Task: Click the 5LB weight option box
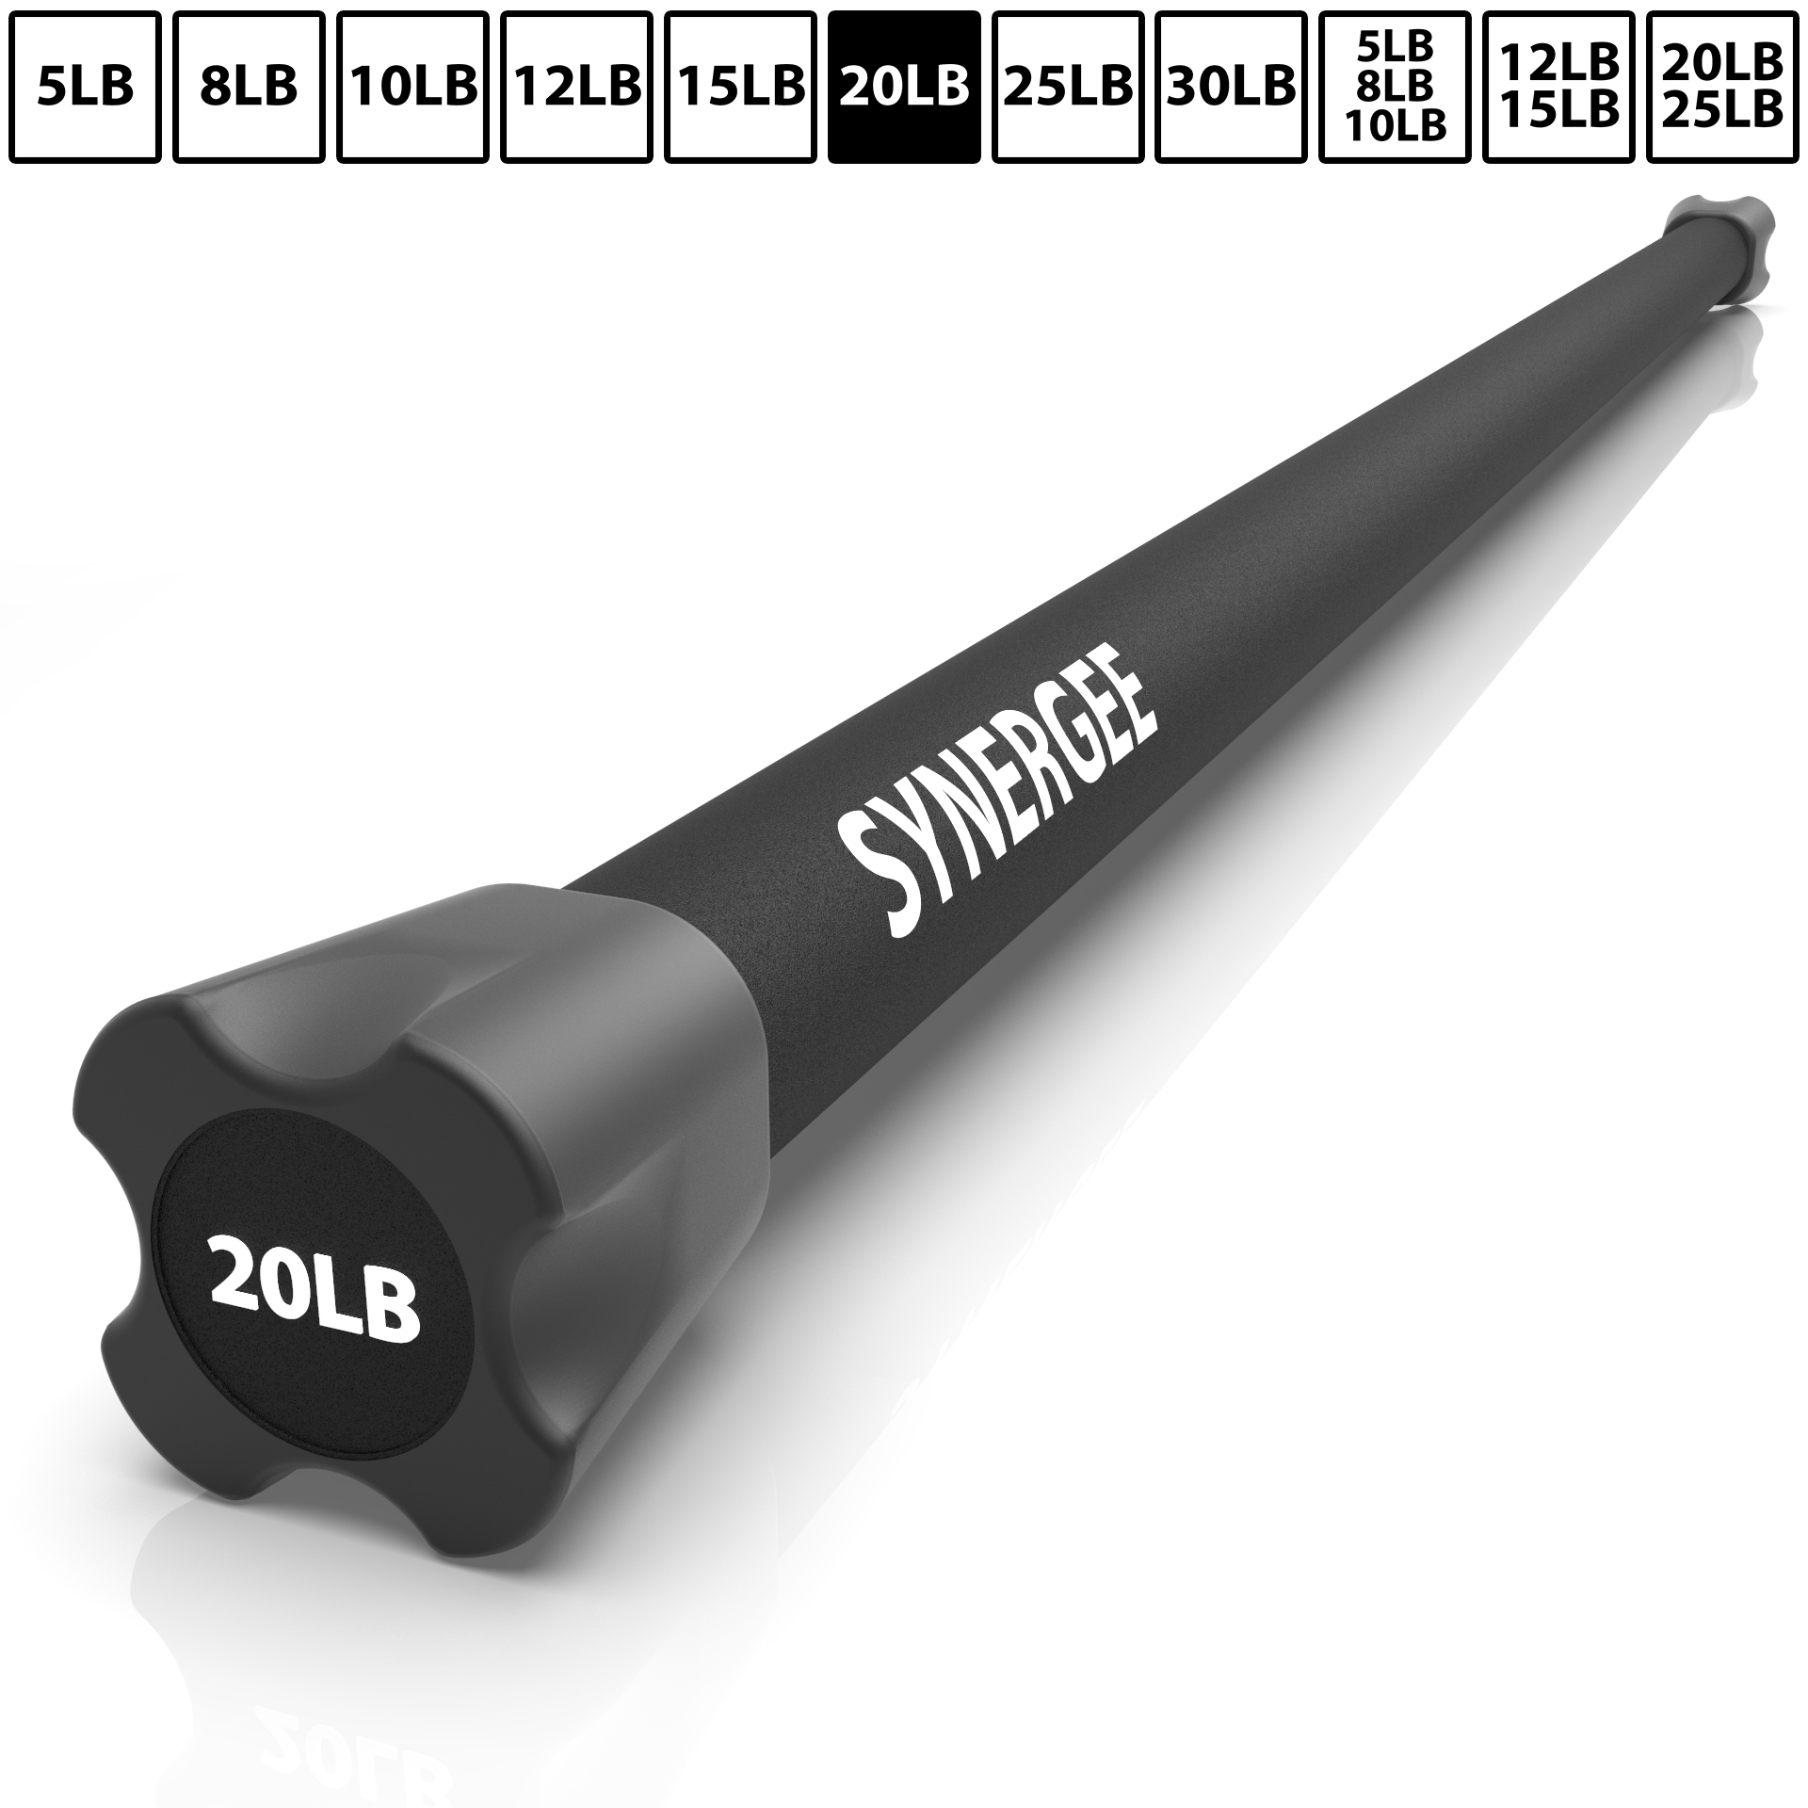[x=86, y=87]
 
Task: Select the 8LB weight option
[x=250, y=87]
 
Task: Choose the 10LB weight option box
[x=413, y=87]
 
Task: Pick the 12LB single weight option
[x=576, y=87]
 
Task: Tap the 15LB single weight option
[x=740, y=87]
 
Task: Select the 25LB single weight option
[x=1067, y=87]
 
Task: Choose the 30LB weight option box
[x=1231, y=87]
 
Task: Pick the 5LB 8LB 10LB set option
[x=1395, y=87]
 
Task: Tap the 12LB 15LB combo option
[x=1558, y=87]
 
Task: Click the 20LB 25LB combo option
[x=1722, y=87]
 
